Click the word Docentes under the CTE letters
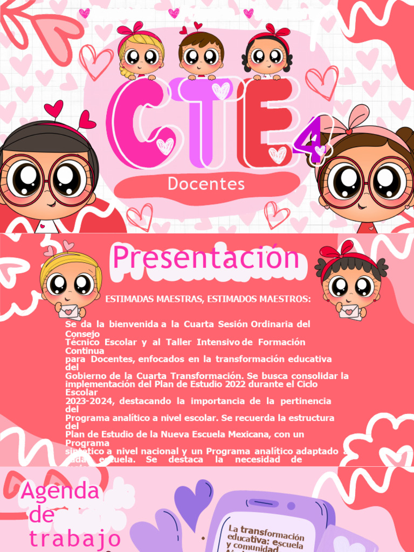click(206, 184)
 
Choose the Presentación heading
click(206, 258)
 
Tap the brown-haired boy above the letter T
click(201, 53)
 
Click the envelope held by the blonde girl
click(70, 312)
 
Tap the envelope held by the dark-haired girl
click(350, 312)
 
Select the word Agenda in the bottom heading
click(60, 492)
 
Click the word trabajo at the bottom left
click(74, 539)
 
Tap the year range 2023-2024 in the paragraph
click(91, 401)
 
